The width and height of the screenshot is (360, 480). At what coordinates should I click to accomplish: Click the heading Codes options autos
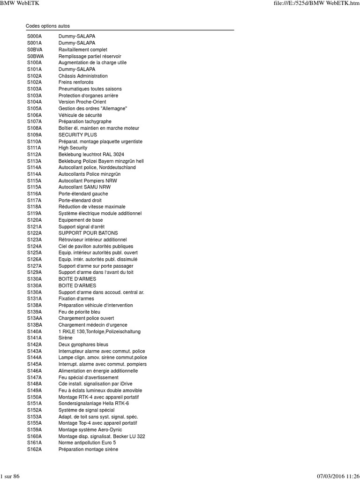tap(47, 26)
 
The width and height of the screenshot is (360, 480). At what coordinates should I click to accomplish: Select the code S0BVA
tap(35, 50)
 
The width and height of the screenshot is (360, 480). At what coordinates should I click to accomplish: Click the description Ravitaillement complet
tap(82, 50)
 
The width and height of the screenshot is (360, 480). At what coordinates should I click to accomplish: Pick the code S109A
tap(34, 135)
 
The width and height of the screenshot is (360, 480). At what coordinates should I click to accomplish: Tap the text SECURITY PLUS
tap(77, 135)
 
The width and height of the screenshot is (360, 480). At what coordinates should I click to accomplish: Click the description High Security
tap(73, 148)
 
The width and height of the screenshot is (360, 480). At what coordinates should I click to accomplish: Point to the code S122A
tap(34, 233)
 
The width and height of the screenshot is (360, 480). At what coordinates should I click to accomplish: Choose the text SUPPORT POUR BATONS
tap(88, 233)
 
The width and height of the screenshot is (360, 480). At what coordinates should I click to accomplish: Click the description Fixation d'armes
tap(76, 299)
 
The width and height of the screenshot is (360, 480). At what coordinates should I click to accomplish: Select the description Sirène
tap(66, 338)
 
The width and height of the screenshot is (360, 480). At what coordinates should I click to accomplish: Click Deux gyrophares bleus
tap(83, 345)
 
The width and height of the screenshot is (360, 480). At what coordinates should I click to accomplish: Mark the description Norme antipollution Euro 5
tap(87, 443)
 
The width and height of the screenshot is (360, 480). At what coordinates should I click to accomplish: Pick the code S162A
tap(34, 450)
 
